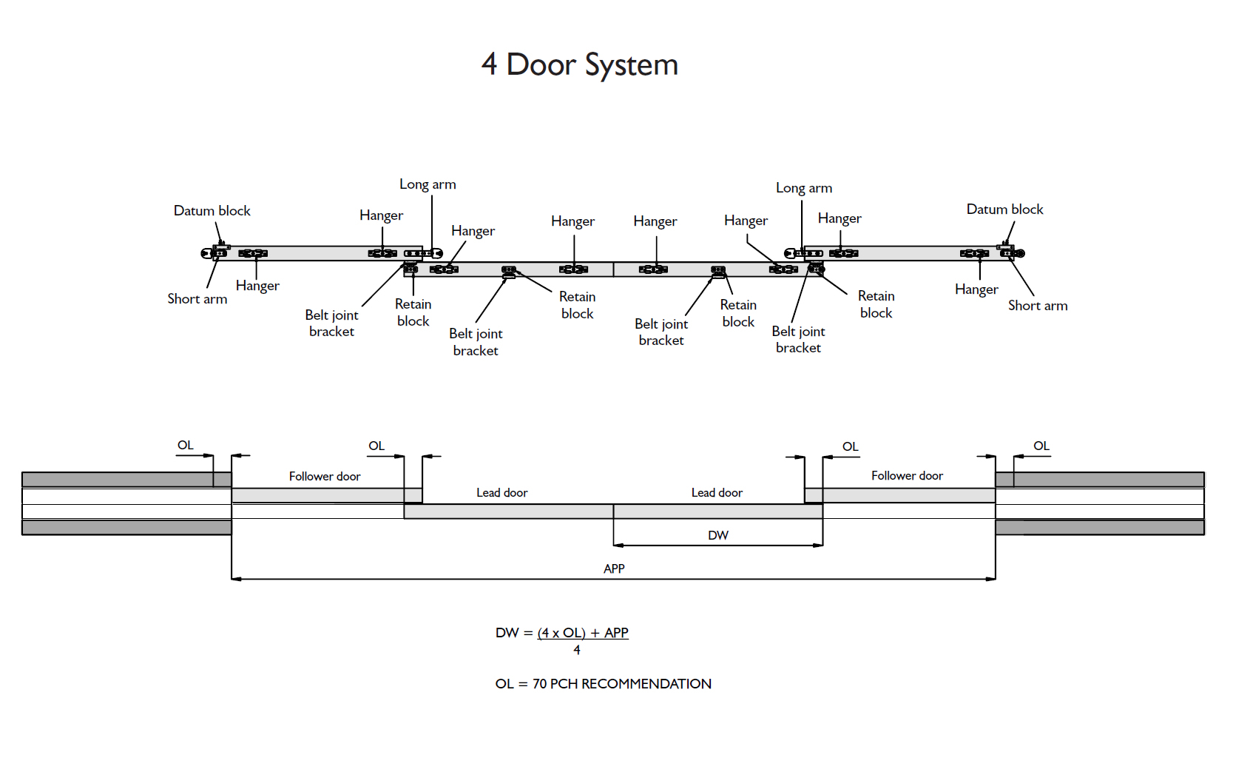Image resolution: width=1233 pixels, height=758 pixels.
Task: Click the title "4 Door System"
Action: [x=579, y=65]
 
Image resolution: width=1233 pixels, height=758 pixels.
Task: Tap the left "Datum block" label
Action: [x=212, y=211]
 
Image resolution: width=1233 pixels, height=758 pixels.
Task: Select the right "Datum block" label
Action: [x=1004, y=209]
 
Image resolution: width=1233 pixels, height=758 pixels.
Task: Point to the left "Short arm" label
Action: [x=197, y=299]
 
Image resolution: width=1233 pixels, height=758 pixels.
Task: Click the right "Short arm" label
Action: [x=1038, y=306]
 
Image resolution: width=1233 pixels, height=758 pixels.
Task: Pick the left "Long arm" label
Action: [x=428, y=184]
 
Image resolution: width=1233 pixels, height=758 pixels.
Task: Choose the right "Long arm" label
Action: [x=803, y=188]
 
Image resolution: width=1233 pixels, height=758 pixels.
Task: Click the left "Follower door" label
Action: [x=325, y=477]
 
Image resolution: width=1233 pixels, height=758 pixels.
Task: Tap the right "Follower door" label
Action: [x=907, y=476]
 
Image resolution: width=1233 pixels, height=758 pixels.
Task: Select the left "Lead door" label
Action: [x=501, y=493]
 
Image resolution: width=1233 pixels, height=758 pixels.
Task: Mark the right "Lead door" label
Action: [x=717, y=493]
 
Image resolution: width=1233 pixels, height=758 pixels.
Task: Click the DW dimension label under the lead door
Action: [x=718, y=535]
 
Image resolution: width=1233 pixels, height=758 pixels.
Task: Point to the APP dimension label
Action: [x=614, y=568]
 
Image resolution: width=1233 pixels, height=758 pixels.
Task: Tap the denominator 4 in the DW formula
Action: [x=577, y=650]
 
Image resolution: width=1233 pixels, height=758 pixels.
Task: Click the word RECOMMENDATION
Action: [x=646, y=684]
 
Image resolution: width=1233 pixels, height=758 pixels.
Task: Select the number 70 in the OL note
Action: [x=540, y=684]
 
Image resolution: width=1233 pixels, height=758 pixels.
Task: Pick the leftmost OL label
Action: [x=185, y=445]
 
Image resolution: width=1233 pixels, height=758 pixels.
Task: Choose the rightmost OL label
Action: [x=1041, y=446]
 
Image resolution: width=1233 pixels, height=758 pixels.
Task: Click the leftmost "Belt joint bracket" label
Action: [x=331, y=323]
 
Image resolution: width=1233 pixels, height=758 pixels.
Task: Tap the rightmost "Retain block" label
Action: [x=876, y=304]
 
